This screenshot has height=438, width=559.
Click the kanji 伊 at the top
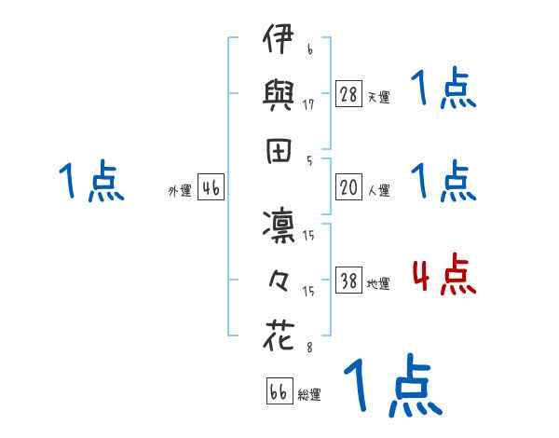[278, 38]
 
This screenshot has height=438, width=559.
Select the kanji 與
[278, 95]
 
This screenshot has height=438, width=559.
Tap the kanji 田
[279, 151]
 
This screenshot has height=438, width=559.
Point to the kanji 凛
[279, 226]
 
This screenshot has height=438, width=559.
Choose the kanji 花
[279, 335]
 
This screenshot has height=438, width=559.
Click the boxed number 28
[348, 94]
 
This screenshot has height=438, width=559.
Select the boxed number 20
[348, 187]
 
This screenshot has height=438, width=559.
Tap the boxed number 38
[348, 280]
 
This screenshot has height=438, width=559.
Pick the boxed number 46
[211, 187]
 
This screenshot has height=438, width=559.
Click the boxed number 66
[279, 390]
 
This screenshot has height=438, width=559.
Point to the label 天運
[379, 97]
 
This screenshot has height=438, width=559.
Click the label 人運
[379, 190]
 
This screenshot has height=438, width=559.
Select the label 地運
[378, 284]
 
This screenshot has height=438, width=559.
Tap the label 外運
[180, 191]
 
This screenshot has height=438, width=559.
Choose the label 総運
[309, 394]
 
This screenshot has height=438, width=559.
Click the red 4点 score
[444, 274]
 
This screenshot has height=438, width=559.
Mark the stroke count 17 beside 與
[308, 104]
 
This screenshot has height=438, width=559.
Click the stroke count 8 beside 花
[309, 347]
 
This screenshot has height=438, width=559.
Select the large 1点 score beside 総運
[393, 385]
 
